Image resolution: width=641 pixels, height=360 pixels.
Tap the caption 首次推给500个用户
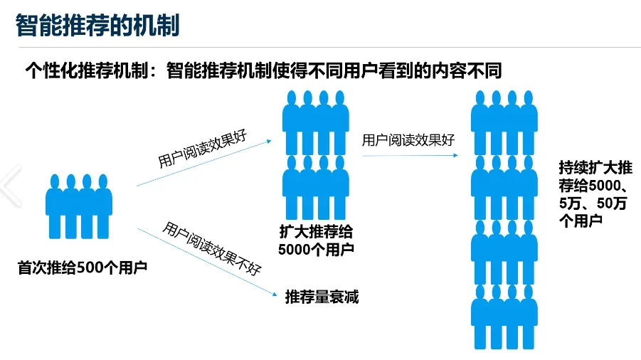(82, 268)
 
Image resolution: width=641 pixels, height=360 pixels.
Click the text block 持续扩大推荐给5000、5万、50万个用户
(595, 194)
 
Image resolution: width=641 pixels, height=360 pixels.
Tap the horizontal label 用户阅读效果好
(408, 140)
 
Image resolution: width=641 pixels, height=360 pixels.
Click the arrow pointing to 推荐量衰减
(206, 260)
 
